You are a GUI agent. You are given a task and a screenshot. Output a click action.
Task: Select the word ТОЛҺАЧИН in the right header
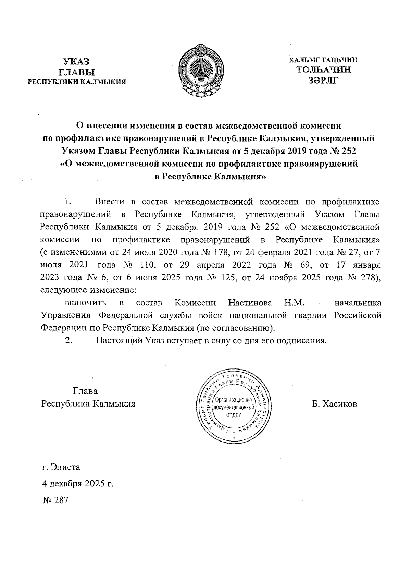point(324,70)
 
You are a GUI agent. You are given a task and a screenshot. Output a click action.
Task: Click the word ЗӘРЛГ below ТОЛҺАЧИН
point(323,80)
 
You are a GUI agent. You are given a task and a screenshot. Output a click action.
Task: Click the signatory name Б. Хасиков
point(334,404)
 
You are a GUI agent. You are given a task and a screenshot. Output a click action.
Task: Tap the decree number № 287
point(55,500)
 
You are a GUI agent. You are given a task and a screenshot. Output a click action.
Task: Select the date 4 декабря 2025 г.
point(77,484)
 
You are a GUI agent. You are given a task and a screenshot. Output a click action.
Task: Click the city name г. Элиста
point(61,467)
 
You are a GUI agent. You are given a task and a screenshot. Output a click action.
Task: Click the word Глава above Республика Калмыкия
point(85,391)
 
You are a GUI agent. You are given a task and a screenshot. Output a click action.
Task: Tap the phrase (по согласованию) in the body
point(236,328)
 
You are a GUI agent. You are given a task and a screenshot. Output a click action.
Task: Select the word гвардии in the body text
point(311,315)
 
